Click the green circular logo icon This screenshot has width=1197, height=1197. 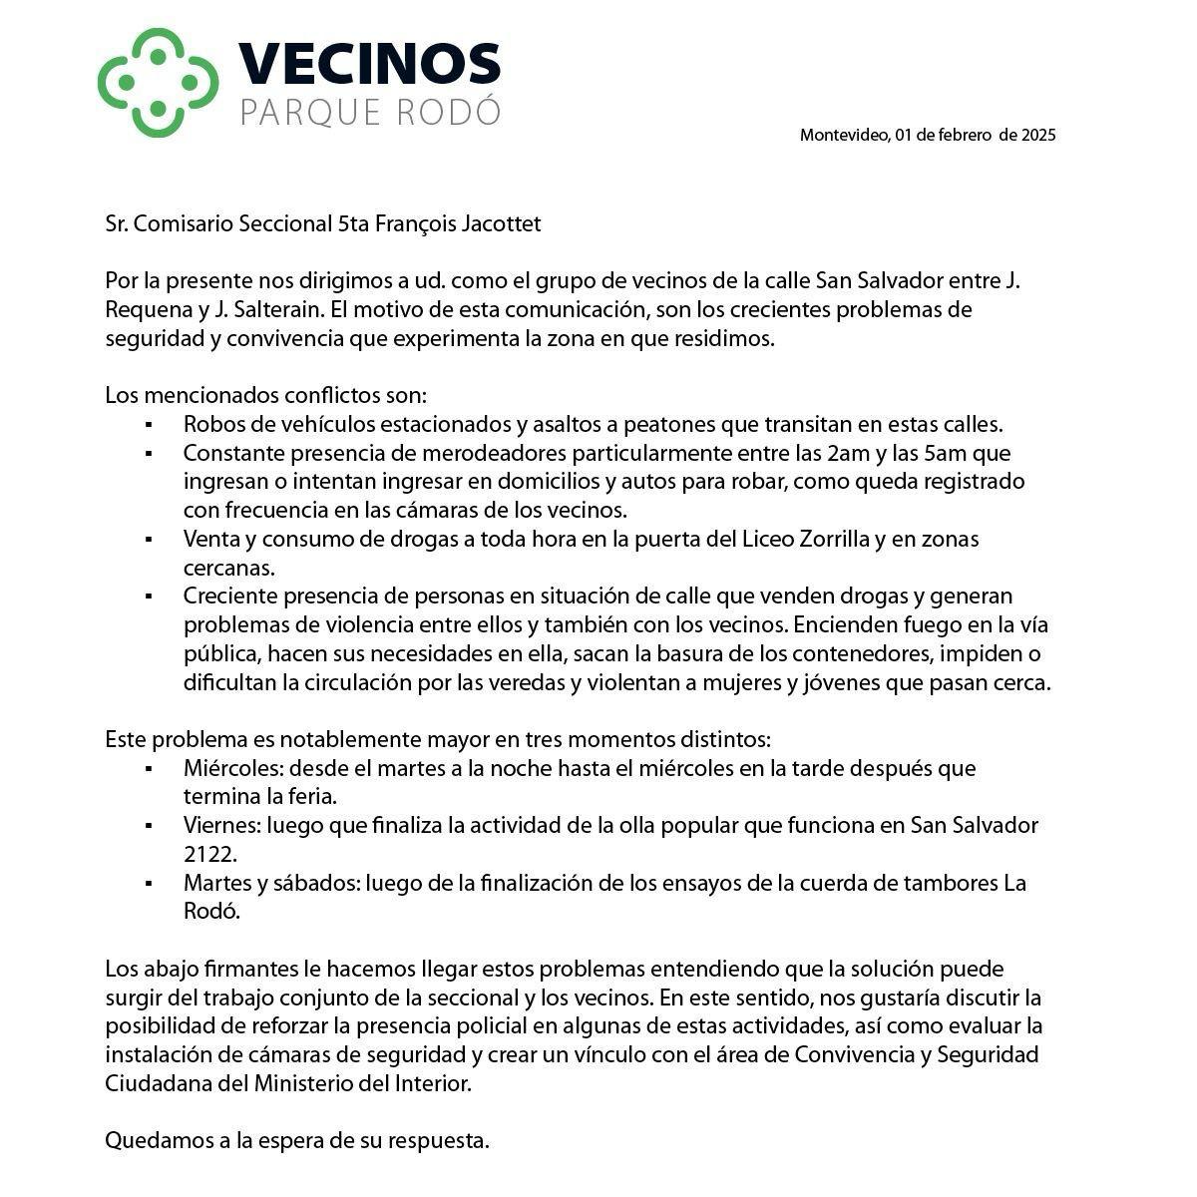click(158, 82)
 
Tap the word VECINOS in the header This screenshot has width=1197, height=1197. click(369, 64)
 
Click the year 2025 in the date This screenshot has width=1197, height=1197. click(1038, 135)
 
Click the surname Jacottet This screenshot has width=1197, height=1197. click(502, 223)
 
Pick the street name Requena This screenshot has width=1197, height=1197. click(147, 309)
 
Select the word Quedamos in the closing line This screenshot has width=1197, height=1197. click(159, 1140)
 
